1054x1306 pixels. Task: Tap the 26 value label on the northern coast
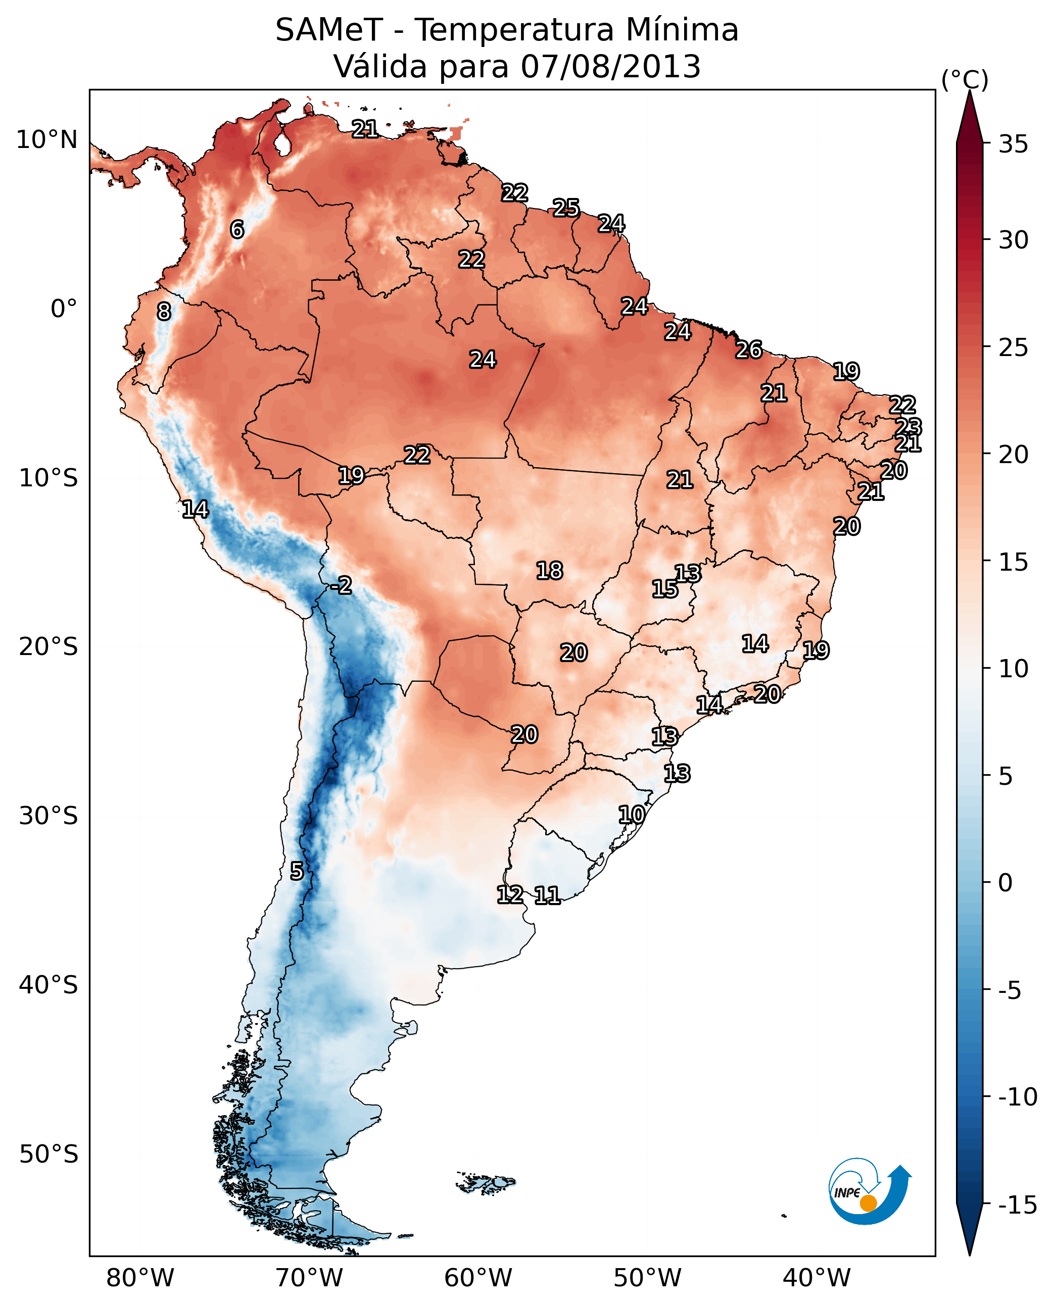749,350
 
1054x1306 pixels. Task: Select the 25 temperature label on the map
566,208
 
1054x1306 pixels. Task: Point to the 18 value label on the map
549,571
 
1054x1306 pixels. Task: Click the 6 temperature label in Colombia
237,229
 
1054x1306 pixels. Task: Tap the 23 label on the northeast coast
909,426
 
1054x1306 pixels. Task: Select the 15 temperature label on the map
665,589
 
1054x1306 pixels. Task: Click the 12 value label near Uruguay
510,894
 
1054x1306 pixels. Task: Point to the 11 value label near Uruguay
547,895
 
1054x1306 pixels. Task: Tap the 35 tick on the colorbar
1013,144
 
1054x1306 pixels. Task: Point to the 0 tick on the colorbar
1005,883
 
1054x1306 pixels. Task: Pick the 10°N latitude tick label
47,140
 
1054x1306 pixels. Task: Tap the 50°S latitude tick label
49,1154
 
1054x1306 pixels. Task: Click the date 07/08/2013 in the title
610,67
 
